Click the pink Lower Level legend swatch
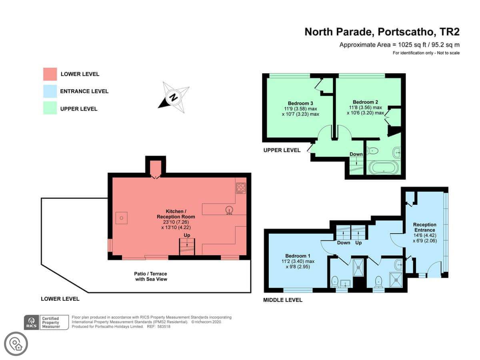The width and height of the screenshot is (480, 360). point(50,74)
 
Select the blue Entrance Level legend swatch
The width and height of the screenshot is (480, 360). point(50,91)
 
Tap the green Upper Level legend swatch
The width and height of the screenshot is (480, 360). point(50,108)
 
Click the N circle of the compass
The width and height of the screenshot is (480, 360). point(173,98)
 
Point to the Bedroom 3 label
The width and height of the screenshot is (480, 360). point(300,103)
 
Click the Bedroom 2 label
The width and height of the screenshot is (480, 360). point(365,102)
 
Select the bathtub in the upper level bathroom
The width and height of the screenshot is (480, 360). point(384,168)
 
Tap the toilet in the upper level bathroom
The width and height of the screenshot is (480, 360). point(373,151)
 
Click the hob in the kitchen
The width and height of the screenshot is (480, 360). point(241,188)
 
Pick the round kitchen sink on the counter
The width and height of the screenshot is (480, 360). point(229,210)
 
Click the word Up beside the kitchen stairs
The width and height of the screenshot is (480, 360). point(187,235)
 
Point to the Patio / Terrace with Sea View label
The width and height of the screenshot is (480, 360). point(151,276)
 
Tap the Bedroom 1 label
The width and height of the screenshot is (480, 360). point(298,256)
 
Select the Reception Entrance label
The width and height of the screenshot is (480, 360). point(425,227)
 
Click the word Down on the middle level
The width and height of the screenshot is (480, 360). point(344,243)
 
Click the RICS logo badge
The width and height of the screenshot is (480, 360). point(32,322)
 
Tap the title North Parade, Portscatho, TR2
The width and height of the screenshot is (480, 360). point(382,32)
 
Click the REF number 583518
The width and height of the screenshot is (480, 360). point(164,326)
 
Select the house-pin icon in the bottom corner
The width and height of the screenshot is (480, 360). point(16,344)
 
